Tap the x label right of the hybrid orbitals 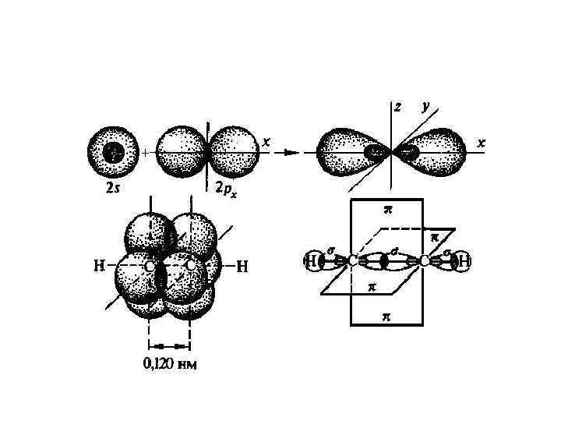(x=481, y=144)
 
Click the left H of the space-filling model (x=100, y=266)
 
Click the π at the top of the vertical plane (x=387, y=209)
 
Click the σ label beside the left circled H (x=331, y=250)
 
